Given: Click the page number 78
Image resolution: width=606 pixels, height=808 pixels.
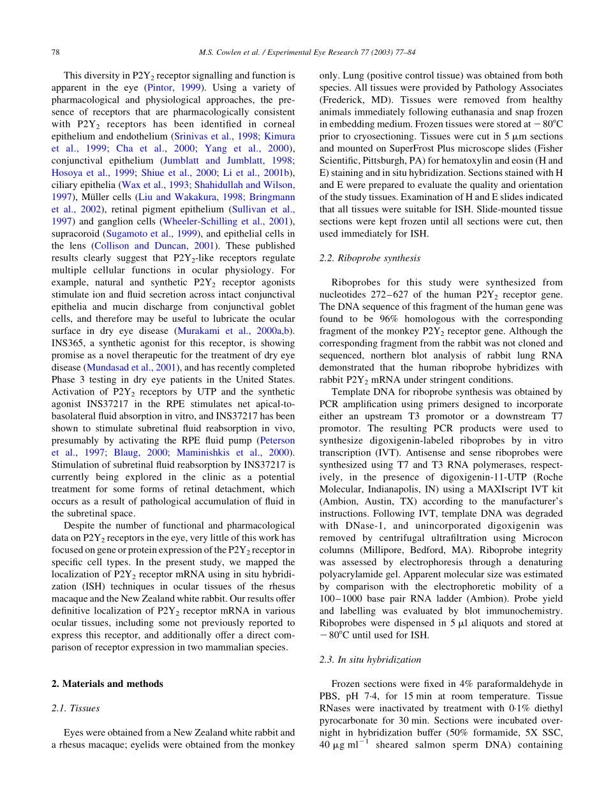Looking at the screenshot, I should coord(55,52).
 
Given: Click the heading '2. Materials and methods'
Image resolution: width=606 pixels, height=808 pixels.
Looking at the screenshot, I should coord(107,684).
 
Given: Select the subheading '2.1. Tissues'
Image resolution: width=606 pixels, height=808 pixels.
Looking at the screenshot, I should coord(75,708).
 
